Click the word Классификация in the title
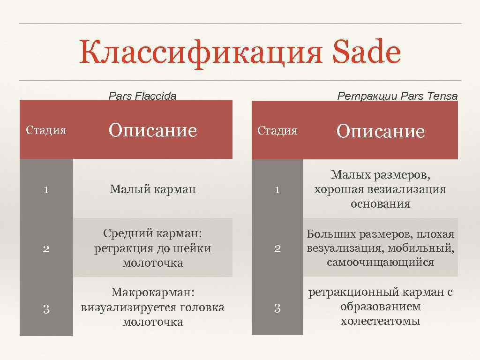pyautogui.click(x=201, y=53)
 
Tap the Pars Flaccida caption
pyautogui.click(x=142, y=97)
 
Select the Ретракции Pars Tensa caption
pyautogui.click(x=397, y=97)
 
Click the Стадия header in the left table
pyautogui.click(x=46, y=130)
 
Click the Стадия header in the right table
pyautogui.click(x=277, y=131)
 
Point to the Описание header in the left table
pyautogui.click(x=153, y=130)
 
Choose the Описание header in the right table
pyautogui.click(x=380, y=131)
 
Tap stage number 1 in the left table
pyautogui.click(x=46, y=190)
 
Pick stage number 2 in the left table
pyautogui.click(x=46, y=249)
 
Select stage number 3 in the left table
pyautogui.click(x=46, y=308)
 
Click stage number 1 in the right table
pyautogui.click(x=277, y=190)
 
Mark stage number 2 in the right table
pyautogui.click(x=277, y=249)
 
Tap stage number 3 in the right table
pyautogui.click(x=277, y=308)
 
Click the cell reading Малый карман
pyautogui.click(x=153, y=189)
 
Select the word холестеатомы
pyautogui.click(x=380, y=321)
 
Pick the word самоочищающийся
pyautogui.click(x=380, y=262)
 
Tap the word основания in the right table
pyautogui.click(x=380, y=204)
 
